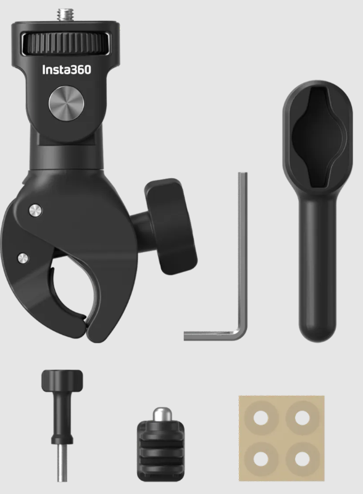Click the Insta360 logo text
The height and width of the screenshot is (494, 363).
pyautogui.click(x=67, y=70)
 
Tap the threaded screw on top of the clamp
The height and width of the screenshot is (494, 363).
pyautogui.click(x=67, y=14)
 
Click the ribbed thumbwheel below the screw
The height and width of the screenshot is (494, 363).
pyautogui.click(x=66, y=43)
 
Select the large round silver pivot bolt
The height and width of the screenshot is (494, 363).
pyautogui.click(x=67, y=103)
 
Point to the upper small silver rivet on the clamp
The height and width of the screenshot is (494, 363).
pyautogui.click(x=36, y=210)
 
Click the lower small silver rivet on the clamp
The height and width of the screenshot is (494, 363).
pyautogui.click(x=23, y=258)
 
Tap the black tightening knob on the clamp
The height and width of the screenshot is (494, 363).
pyautogui.click(x=170, y=226)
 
